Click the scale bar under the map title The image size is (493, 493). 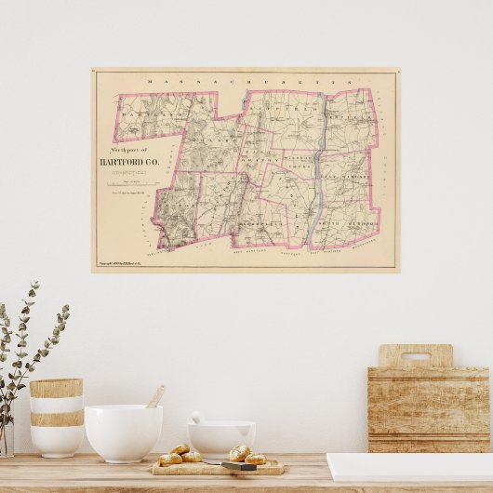click(x=134, y=185)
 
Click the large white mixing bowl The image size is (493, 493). click(x=123, y=433)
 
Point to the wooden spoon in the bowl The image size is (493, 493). click(x=154, y=397)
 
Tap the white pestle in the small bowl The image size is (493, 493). click(x=198, y=419)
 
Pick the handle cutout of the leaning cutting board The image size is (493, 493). click(x=416, y=356)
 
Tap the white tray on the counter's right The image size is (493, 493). click(x=409, y=466)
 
